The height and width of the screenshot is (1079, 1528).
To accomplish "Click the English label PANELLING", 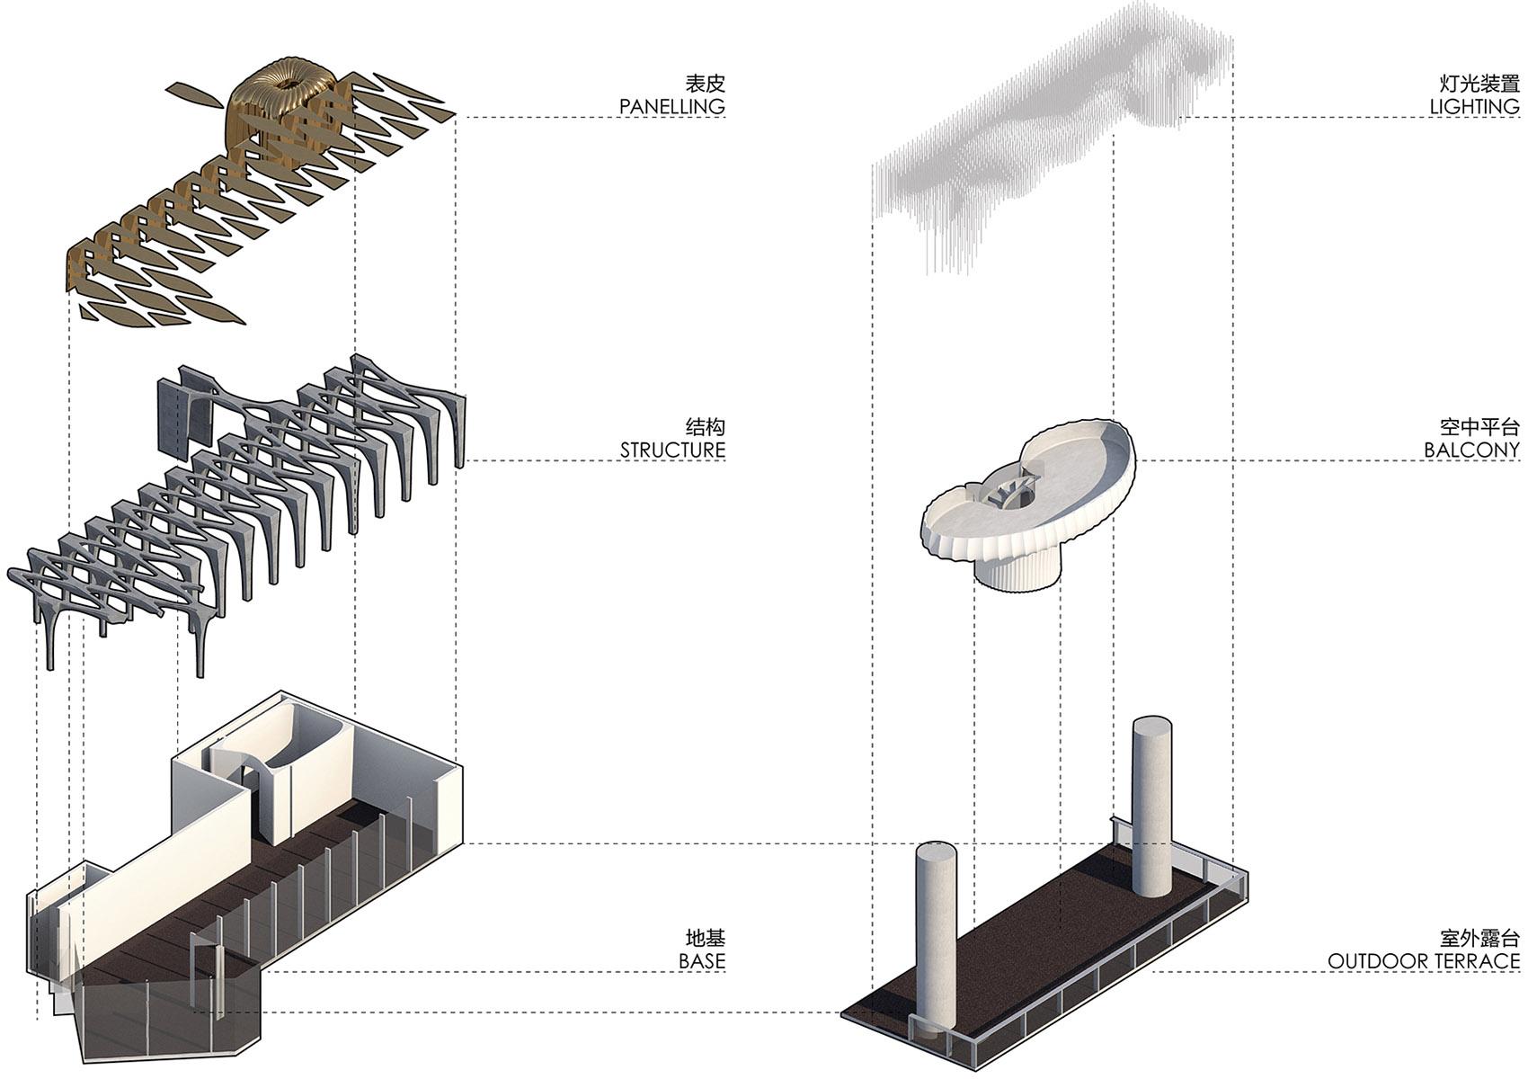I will [671, 106].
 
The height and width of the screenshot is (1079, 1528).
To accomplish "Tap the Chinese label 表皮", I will [705, 84].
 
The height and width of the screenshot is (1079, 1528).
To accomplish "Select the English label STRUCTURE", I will [672, 450].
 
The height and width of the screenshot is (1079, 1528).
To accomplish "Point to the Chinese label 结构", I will [705, 426].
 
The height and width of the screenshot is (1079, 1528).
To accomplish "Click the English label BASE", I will [701, 961].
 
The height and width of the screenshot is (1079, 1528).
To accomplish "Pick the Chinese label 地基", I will [705, 939].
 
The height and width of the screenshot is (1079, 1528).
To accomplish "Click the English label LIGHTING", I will [1474, 106].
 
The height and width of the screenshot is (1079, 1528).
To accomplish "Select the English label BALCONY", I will [1471, 450].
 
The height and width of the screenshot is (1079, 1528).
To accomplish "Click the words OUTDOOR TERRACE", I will [1424, 961].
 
